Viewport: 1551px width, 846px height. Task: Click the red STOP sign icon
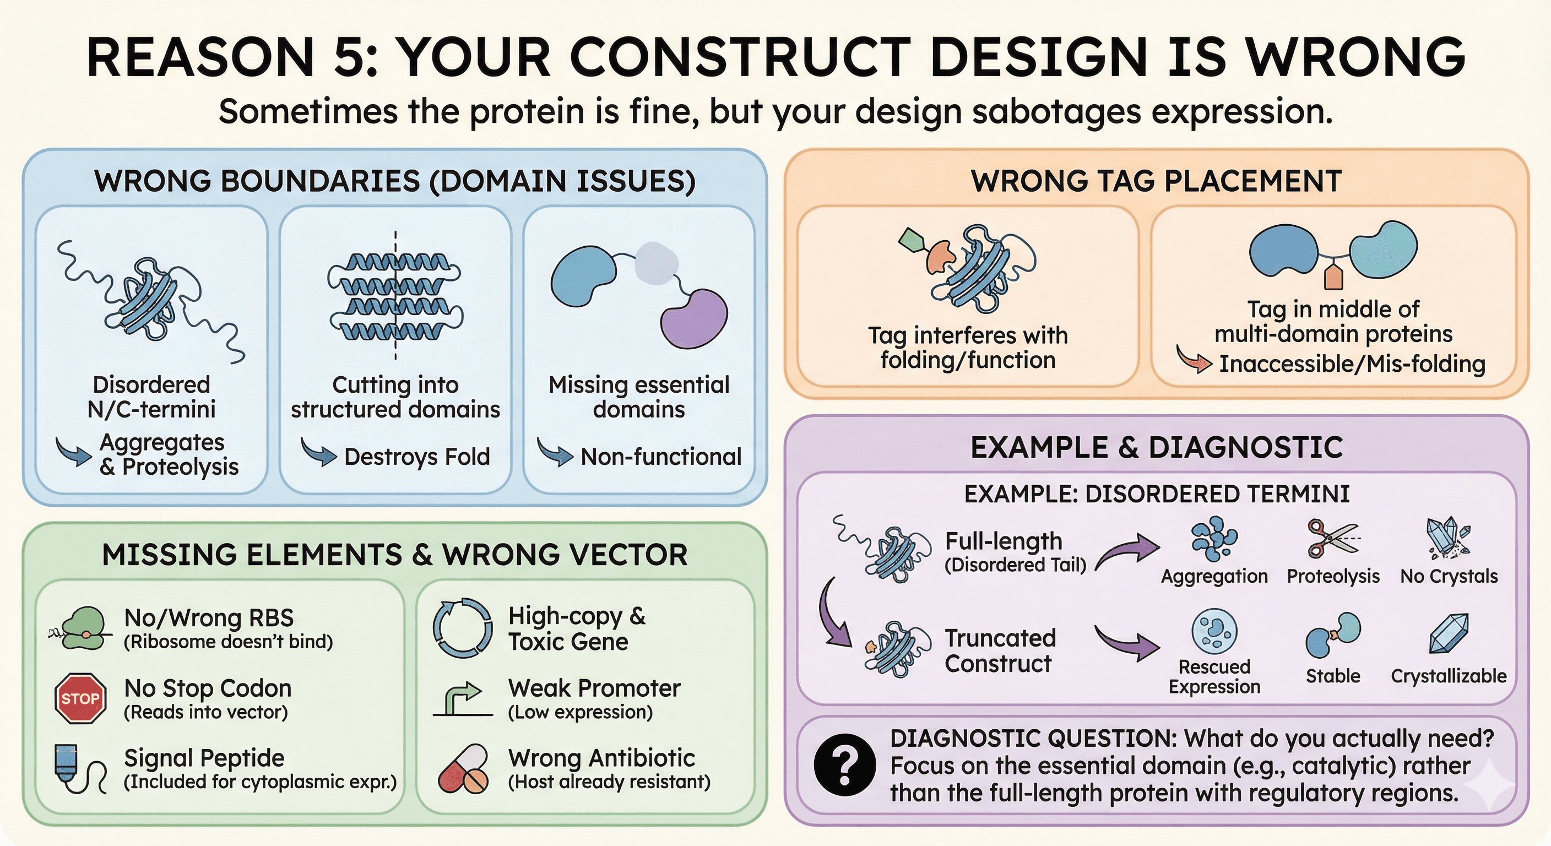point(80,698)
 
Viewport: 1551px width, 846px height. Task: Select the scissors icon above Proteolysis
point(1332,538)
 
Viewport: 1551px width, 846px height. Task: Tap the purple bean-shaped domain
point(693,318)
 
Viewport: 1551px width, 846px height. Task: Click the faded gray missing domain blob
point(657,263)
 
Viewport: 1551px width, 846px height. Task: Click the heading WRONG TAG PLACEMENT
point(1156,181)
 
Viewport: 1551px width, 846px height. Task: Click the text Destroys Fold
point(416,457)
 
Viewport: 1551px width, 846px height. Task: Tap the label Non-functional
point(660,457)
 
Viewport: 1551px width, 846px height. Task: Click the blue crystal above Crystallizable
point(1449,633)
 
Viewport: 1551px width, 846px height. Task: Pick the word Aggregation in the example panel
point(1214,576)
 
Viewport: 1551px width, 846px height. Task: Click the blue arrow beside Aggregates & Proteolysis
point(74,452)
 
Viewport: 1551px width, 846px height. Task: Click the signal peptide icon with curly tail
point(80,769)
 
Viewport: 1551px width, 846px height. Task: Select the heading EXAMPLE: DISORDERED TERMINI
point(1157,493)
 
